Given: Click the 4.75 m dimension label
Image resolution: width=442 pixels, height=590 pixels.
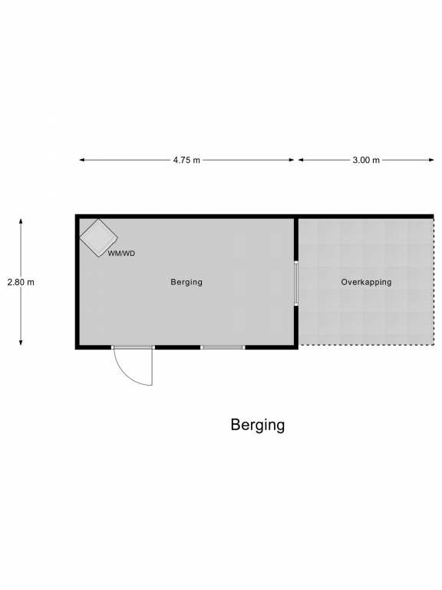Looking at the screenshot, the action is [186, 160].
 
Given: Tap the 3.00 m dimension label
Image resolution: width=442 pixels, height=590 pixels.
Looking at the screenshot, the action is [366, 160].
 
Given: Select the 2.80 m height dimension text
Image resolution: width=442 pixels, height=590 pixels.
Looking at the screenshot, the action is [21, 282].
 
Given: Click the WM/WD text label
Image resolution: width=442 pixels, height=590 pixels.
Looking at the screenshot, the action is [121, 254].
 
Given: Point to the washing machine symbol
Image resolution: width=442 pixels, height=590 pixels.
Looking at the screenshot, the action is [98, 238].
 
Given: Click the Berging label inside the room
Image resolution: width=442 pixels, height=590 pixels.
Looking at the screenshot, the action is [186, 282].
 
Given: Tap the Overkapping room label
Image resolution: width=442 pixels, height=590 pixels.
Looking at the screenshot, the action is [366, 282].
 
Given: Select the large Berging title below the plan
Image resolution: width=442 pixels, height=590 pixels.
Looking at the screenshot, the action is [258, 425].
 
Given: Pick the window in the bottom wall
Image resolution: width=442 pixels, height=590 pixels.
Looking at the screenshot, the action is [223, 347].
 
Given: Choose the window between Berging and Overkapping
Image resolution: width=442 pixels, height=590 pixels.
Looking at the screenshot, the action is [296, 283].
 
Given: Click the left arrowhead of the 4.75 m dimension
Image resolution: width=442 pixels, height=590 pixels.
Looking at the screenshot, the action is [81, 160].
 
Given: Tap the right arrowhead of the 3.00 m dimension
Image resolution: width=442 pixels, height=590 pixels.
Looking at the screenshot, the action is [431, 160].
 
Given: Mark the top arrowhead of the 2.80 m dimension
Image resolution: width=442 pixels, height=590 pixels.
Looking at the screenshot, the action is [21, 221].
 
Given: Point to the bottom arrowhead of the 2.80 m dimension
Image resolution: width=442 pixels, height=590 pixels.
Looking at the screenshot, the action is [21, 343].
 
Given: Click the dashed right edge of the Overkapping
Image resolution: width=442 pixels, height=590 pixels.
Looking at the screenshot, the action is [433, 282].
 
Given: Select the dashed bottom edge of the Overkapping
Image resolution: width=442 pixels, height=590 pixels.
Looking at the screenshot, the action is [366, 345].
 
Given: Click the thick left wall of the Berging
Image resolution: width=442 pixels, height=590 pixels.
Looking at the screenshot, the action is [77, 282].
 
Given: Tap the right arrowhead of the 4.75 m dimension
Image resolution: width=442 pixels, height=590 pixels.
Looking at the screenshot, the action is [292, 160].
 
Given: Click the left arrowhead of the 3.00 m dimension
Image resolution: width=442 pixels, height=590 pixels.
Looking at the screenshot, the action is [301, 160].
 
